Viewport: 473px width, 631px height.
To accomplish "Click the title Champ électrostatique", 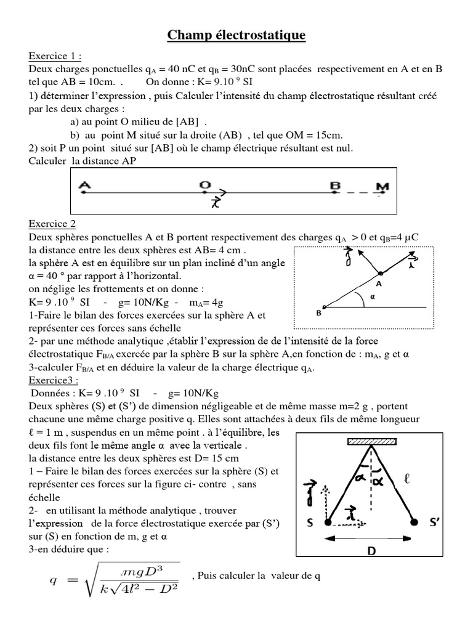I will pos(236,37).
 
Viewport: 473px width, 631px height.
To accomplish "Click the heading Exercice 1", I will pos(55,57).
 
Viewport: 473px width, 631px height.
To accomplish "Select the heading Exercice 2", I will pos(52,224).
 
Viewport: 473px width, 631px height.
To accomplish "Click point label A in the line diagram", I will pos(85,184).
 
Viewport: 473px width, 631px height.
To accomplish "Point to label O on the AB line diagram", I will pos(204,184).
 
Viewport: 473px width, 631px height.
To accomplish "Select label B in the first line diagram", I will pos(336,184).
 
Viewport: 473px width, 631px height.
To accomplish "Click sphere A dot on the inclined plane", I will pos(380,273).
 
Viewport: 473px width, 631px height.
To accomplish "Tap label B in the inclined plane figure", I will pos(319,313).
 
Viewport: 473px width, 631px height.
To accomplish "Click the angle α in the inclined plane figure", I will pos(371,295).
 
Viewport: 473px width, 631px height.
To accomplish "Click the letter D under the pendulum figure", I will pos(371,552).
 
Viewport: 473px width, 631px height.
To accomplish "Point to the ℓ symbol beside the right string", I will pos(408,478).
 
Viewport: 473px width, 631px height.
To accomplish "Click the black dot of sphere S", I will pos(328,523).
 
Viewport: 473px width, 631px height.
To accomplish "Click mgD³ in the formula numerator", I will pos(144,568).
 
